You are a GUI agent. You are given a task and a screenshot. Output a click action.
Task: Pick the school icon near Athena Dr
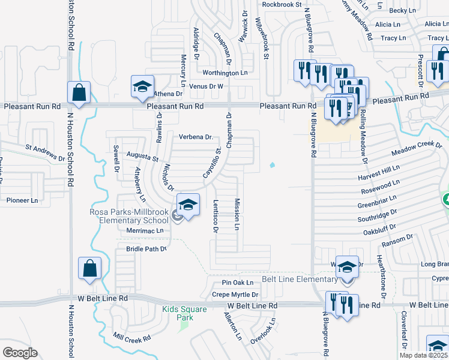click(x=143, y=86)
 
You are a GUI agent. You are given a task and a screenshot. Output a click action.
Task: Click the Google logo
click(x=20, y=353)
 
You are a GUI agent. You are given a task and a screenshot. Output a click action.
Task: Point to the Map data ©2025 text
click(x=423, y=355)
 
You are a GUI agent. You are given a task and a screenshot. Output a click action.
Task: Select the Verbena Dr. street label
click(x=196, y=137)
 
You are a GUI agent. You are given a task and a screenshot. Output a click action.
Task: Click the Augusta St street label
click(x=142, y=157)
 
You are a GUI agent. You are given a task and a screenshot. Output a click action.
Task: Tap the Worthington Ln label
click(x=225, y=73)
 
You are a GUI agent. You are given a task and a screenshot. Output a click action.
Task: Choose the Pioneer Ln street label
click(x=22, y=200)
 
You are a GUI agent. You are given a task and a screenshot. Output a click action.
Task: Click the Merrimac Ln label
click(x=145, y=230)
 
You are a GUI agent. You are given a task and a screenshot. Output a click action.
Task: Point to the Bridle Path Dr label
click(x=146, y=248)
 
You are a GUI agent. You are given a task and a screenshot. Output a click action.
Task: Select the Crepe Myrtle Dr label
click(x=235, y=295)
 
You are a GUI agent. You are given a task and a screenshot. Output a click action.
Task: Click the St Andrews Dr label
click(x=44, y=153)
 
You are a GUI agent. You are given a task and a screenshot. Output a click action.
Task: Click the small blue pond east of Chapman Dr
click(x=273, y=165)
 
